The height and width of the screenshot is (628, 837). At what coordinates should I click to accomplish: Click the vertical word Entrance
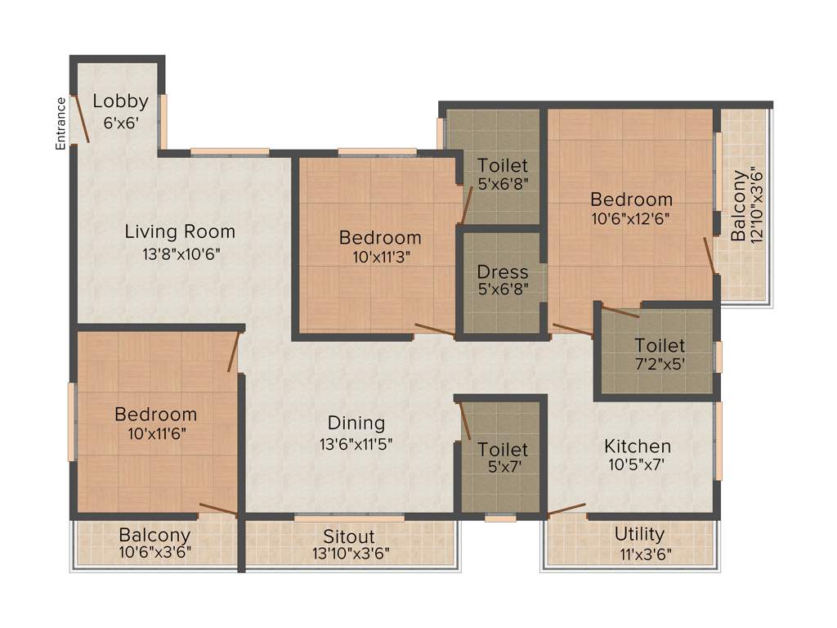[x=60, y=123]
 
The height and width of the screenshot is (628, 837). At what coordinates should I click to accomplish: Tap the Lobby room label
[x=120, y=101]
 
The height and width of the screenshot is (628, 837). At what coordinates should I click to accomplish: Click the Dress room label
[x=503, y=272]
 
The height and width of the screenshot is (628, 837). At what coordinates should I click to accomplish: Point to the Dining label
[x=356, y=423]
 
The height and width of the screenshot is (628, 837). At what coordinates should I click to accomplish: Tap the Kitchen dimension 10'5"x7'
[x=638, y=466]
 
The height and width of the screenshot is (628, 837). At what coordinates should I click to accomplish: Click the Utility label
[x=639, y=534]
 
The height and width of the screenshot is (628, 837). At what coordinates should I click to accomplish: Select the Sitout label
[x=348, y=536]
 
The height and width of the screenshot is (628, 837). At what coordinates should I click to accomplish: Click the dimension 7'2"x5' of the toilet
[x=660, y=365]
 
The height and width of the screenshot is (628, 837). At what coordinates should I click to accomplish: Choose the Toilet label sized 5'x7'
[x=503, y=450]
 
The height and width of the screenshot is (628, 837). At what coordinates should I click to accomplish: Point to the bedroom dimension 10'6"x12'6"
[x=632, y=218]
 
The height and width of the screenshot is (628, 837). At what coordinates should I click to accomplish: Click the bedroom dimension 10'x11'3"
[x=380, y=257]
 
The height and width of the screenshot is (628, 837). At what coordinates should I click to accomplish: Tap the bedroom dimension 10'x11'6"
[x=155, y=433]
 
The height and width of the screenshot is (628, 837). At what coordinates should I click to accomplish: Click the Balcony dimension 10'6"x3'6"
[x=155, y=552]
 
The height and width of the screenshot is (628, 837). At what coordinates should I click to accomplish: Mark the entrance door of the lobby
[x=80, y=119]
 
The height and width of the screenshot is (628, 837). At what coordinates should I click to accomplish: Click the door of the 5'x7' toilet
[x=464, y=420]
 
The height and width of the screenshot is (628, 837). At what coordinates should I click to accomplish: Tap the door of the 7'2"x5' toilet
[x=620, y=311]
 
